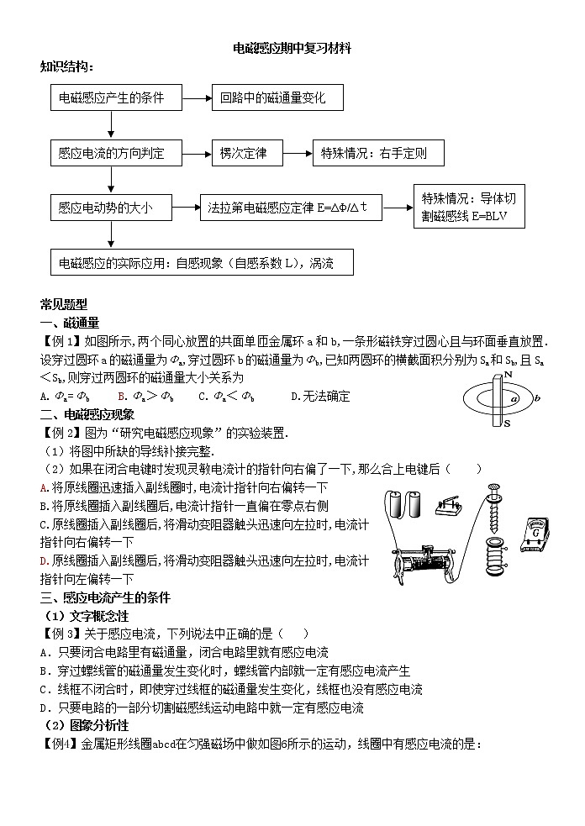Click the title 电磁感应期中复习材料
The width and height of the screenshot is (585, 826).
pos(292,50)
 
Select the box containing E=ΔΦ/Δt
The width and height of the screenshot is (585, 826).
pos(292,208)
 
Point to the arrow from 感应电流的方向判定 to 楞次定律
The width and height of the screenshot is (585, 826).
pos(198,154)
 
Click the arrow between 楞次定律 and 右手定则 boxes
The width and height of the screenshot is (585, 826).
pos(299,154)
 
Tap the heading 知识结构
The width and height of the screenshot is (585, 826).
pos(67,66)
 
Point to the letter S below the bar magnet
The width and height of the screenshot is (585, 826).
pos(507,424)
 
